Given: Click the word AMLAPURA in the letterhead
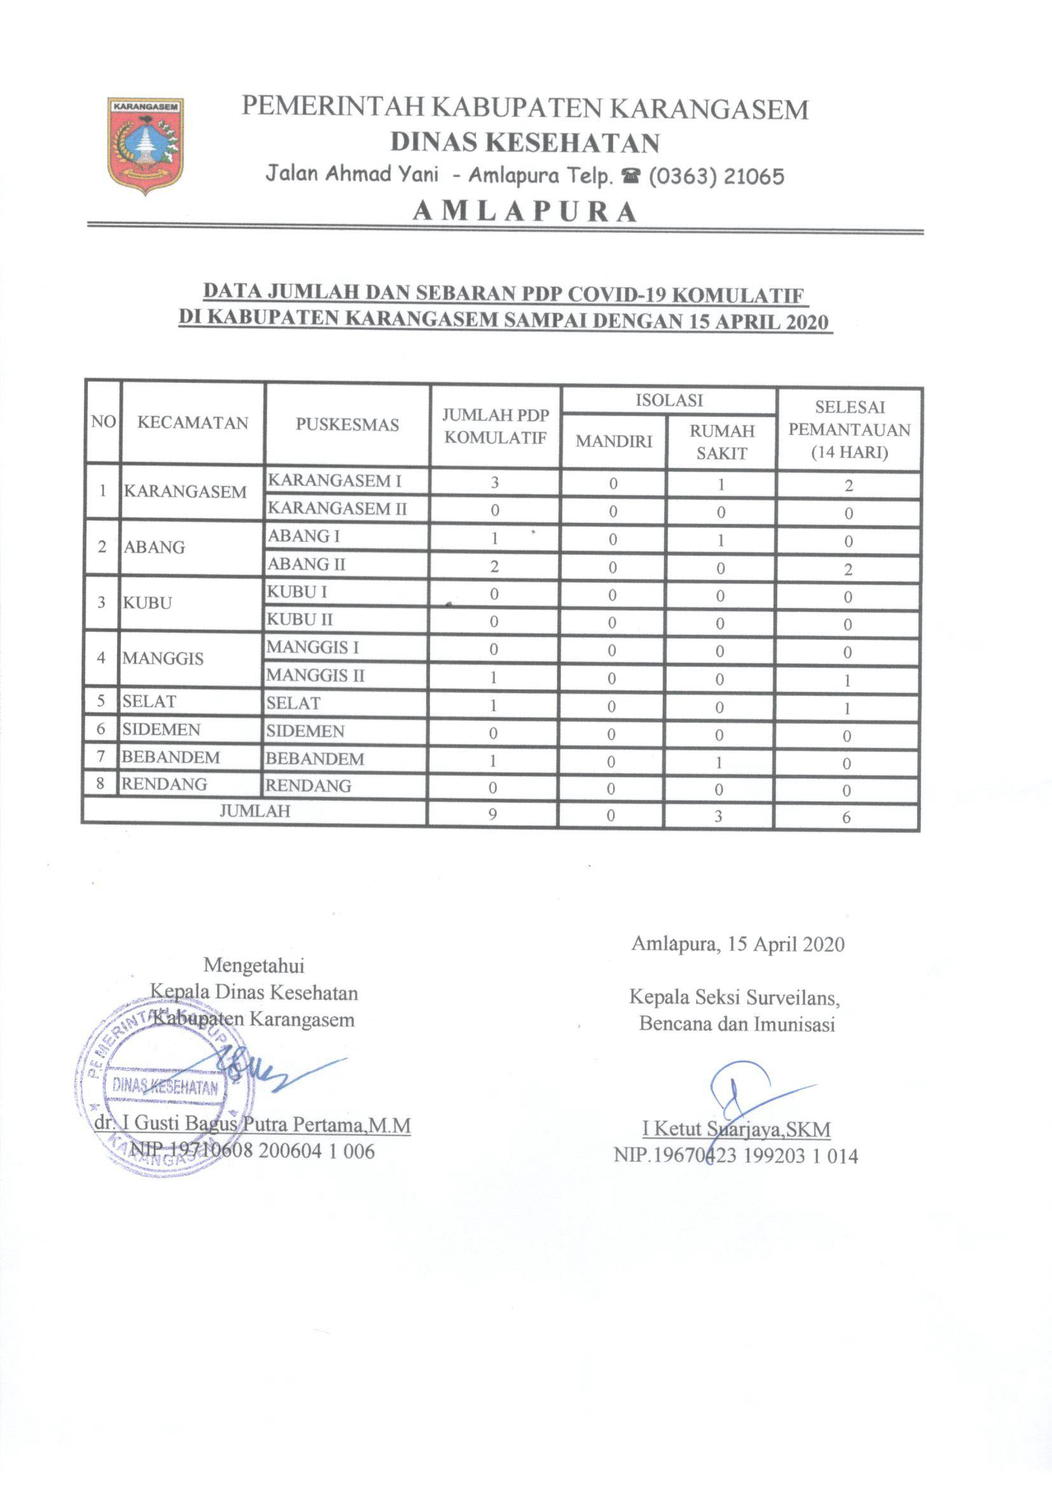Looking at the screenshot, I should (x=525, y=212).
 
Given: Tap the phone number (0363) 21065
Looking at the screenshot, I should (x=716, y=176).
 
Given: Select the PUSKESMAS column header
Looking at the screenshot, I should (x=347, y=424).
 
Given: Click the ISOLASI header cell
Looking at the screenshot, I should (x=668, y=400).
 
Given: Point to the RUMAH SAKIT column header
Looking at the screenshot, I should (x=722, y=441).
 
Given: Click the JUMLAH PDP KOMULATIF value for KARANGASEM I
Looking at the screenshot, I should (x=495, y=483).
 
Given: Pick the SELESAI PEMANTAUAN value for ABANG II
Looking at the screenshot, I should (x=848, y=569).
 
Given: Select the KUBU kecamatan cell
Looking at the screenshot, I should (x=148, y=603).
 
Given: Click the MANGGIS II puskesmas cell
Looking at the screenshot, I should (x=315, y=675).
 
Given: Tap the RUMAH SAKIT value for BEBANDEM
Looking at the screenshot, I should (x=719, y=763).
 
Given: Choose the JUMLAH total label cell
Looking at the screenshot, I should (x=254, y=811).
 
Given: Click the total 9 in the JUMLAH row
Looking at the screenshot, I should (x=492, y=814).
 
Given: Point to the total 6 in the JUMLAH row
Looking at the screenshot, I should (x=846, y=817).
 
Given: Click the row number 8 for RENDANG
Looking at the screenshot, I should (x=100, y=784).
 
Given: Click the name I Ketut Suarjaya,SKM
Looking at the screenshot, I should (x=736, y=1129).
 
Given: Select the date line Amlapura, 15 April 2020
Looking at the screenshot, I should (x=738, y=944).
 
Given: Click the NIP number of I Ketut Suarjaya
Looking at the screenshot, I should (x=736, y=1156).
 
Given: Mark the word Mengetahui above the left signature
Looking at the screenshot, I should (x=253, y=965).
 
